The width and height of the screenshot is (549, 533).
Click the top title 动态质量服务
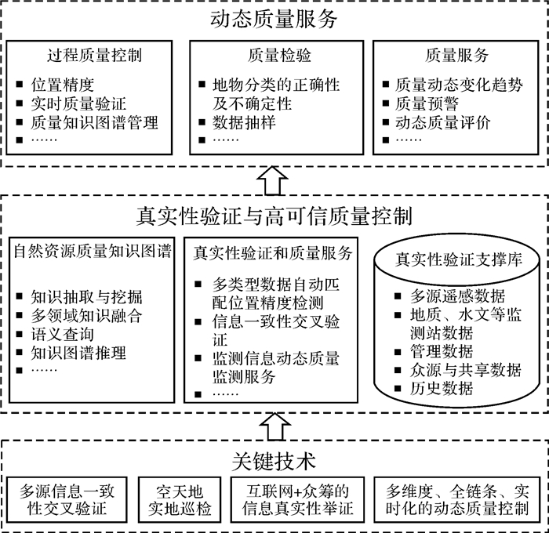click(x=274, y=19)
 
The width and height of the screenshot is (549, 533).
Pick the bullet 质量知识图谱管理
click(x=95, y=122)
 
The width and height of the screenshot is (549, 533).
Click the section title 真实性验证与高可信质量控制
click(x=274, y=214)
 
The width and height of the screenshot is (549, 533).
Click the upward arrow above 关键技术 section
click(x=274, y=427)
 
